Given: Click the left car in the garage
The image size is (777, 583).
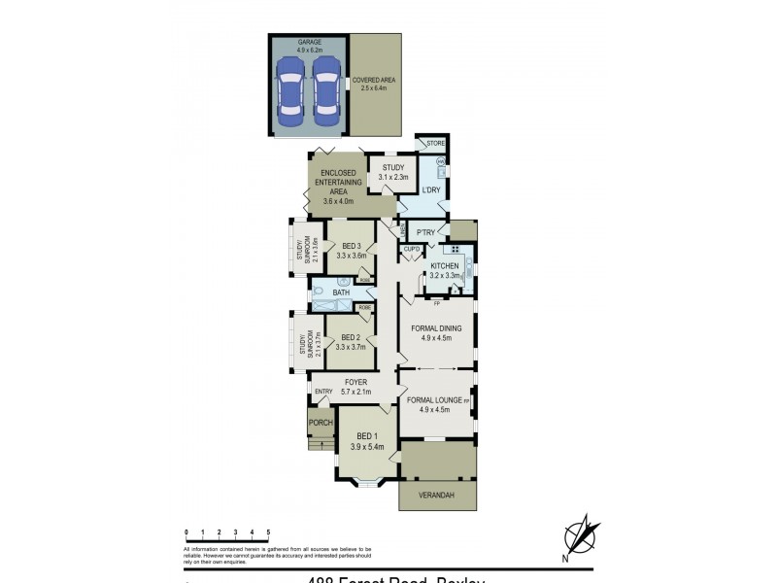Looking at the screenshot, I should [290, 89].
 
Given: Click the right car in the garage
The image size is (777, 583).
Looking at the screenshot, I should [326, 89].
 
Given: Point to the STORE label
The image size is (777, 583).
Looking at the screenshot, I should [435, 145].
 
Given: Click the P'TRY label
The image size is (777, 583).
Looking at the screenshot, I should [424, 233].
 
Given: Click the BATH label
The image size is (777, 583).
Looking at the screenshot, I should [341, 292].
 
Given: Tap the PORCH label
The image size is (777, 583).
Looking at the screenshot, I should [321, 423].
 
